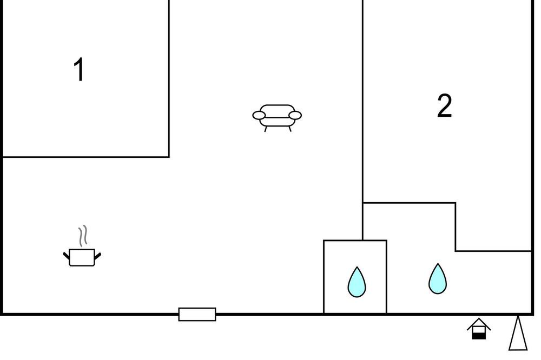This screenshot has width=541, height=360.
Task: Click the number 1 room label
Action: tap(80, 70)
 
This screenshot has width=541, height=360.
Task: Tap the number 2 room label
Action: tap(444, 105)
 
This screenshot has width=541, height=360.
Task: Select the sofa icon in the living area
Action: tap(276, 118)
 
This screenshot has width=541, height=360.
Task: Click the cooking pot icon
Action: tap(82, 257)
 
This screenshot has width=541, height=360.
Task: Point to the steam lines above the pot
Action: tap(82, 236)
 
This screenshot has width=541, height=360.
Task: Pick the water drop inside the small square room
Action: tap(357, 282)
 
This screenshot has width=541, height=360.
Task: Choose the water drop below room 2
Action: tap(438, 279)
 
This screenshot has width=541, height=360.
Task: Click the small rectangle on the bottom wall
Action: tap(197, 314)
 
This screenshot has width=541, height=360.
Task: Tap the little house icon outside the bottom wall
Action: tap(479, 329)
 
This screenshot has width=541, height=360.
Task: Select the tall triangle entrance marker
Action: tap(518, 333)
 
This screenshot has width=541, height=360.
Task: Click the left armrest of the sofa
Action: tap(259, 115)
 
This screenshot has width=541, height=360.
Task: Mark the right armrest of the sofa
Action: tap(295, 115)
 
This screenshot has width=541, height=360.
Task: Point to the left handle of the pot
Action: tap(66, 256)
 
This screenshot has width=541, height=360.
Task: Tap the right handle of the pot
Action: tap(97, 256)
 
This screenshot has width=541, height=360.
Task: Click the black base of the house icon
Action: tap(479, 336)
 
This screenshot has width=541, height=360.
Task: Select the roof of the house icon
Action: tap(479, 324)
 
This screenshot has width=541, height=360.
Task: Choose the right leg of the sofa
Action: tap(289, 129)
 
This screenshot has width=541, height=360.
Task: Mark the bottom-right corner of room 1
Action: tap(169, 157)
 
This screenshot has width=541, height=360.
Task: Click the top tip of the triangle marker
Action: tap(518, 316)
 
